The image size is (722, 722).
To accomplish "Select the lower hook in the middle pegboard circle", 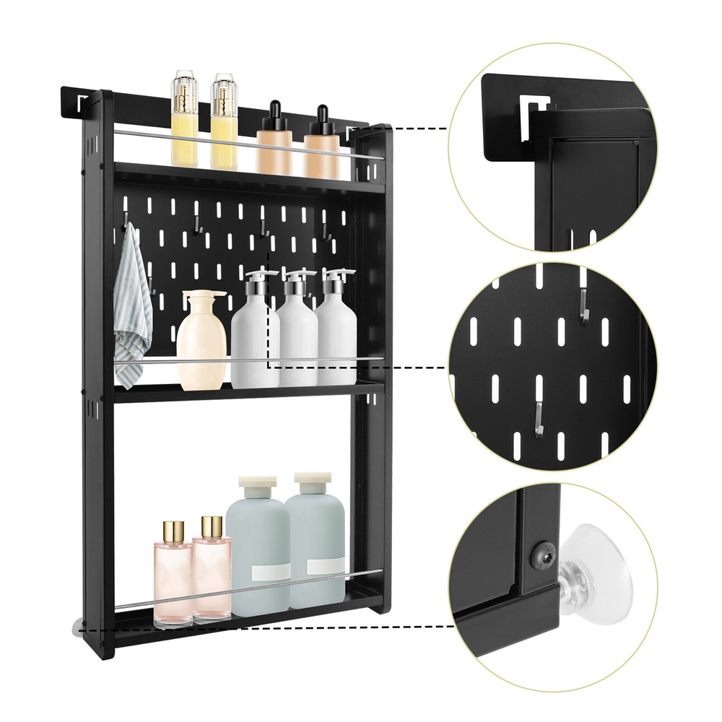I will tap(536, 419).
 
